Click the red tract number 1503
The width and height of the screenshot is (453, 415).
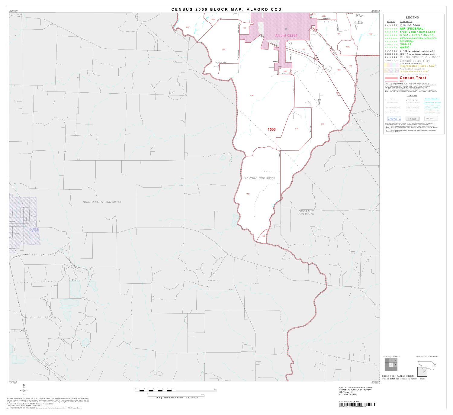point(271,130)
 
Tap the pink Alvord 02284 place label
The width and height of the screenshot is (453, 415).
point(286,35)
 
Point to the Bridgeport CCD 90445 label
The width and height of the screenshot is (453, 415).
point(102,202)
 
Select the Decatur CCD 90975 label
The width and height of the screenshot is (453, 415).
point(306,213)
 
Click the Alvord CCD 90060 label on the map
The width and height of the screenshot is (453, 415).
point(260,178)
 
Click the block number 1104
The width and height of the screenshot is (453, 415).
point(296,129)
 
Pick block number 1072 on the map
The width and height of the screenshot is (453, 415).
point(348,47)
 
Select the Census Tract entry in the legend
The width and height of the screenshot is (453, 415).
point(413,78)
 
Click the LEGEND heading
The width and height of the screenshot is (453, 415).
point(412,18)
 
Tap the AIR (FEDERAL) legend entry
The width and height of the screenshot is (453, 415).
point(412,29)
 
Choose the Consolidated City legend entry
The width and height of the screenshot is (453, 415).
point(415,61)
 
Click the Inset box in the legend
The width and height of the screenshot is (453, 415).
point(412,119)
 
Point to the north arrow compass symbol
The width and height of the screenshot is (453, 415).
point(24,390)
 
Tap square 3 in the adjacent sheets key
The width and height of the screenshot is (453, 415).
point(391,365)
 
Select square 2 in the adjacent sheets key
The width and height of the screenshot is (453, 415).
point(395,360)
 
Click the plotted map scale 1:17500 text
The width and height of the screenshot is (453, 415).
point(176,398)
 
